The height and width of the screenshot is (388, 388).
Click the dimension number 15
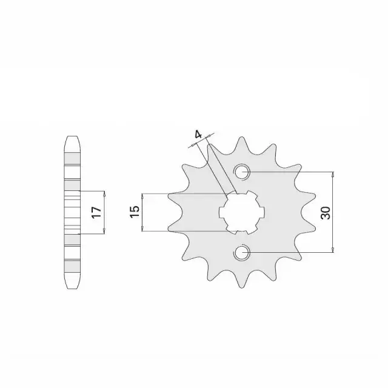(x=135, y=212)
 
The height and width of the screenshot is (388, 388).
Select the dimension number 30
(x=326, y=213)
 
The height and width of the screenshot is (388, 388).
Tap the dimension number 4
(x=198, y=135)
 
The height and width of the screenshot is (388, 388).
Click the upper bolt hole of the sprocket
(x=242, y=172)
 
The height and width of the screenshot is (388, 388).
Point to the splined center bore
(x=242, y=212)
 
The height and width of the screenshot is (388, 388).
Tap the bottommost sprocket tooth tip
(x=241, y=287)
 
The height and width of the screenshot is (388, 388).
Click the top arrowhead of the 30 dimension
(x=333, y=174)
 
